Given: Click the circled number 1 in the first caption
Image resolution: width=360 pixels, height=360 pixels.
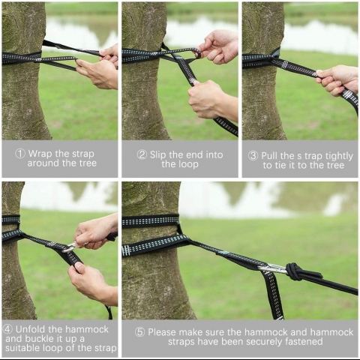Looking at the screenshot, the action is [20, 154].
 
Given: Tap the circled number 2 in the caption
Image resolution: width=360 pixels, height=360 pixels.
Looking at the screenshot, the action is [142, 154].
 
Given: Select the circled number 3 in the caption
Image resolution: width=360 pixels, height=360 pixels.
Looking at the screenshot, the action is [253, 156].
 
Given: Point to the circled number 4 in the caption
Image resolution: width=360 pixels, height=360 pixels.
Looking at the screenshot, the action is [7, 329].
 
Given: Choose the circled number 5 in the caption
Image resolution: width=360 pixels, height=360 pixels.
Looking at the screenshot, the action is [140, 332].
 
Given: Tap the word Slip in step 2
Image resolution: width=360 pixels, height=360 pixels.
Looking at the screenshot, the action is [158, 155].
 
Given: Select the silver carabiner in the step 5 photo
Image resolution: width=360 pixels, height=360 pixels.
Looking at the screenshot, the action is [272, 269].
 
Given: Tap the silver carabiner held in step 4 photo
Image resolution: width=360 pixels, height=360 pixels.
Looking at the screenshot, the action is [69, 247].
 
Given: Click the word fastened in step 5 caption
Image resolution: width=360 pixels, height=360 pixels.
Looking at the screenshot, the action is [305, 342].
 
